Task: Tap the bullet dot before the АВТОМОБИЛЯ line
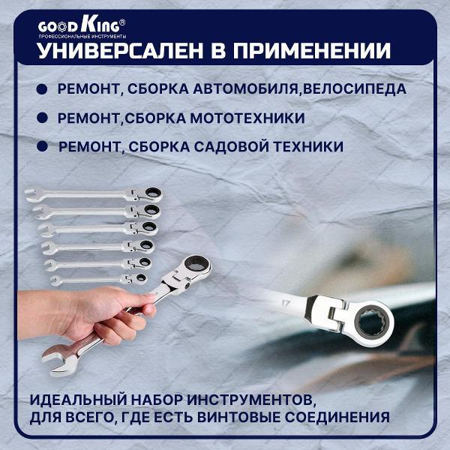pos(41,89)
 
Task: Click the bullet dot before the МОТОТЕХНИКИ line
pos(41,118)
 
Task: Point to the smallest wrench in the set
pos(97,279)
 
